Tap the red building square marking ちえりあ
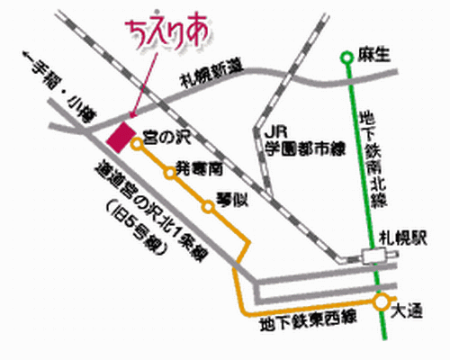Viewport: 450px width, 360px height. click(119, 138)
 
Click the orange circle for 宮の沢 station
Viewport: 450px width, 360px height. click(137, 143)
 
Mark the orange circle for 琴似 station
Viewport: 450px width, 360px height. click(208, 206)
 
